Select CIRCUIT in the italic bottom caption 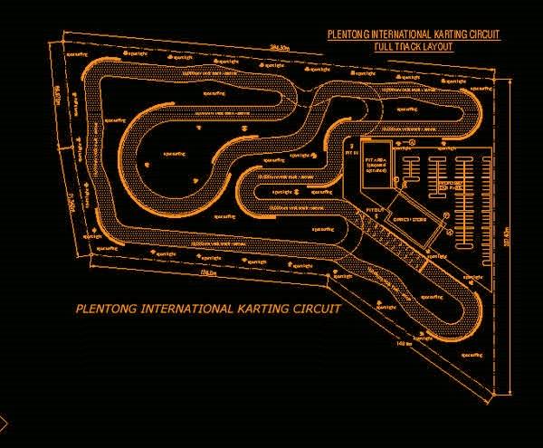pos(317,309)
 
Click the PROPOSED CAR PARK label pos(457,184)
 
